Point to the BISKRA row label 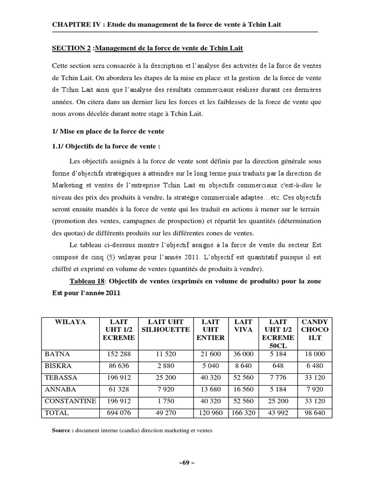click(58, 366)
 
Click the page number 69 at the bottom click(182, 463)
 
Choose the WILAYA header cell click(70, 322)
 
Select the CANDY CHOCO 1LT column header click(313, 330)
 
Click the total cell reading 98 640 click(313, 413)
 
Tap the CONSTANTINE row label click(70, 401)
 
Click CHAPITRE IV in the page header click(75, 24)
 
